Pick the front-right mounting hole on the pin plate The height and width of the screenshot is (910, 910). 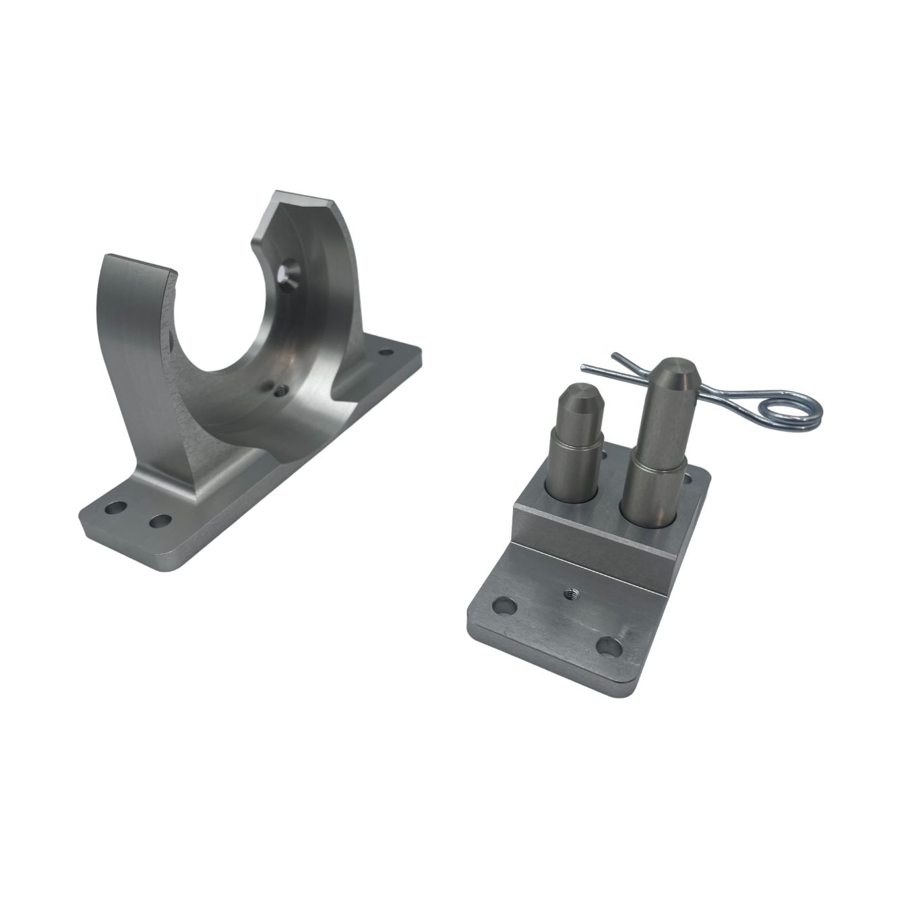tap(608, 646)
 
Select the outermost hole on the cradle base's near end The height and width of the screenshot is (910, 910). tap(115, 507)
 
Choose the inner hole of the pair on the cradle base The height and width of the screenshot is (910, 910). tap(160, 521)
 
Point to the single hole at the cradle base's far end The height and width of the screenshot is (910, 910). tap(387, 352)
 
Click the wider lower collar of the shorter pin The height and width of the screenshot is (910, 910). tap(575, 465)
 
